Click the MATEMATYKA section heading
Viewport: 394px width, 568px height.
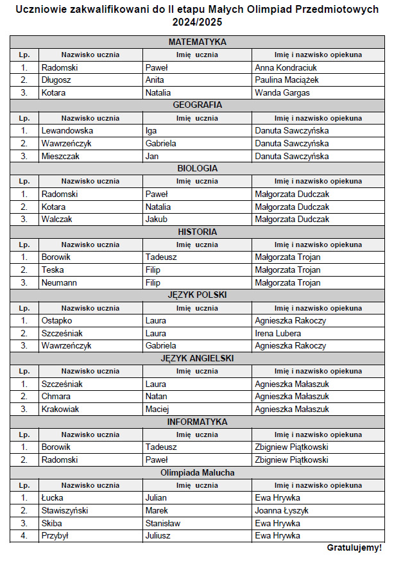(x=197, y=42)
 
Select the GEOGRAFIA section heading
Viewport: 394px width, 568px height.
(x=197, y=105)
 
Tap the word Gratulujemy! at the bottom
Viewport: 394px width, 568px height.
(x=354, y=548)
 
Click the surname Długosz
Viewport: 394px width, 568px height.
(x=56, y=80)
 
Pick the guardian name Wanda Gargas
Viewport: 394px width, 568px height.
(x=282, y=92)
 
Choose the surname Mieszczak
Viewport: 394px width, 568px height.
(x=62, y=156)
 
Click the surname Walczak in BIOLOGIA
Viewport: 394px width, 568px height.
(x=56, y=219)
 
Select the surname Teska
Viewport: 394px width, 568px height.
(x=53, y=270)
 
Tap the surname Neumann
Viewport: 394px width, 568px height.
(x=59, y=282)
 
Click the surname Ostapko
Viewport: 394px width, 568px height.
(x=56, y=320)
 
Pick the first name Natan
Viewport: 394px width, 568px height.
(x=156, y=397)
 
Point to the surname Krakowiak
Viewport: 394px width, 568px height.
(x=60, y=409)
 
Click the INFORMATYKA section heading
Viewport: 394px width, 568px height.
(x=197, y=422)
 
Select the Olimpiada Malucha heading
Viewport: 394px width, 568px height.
(x=197, y=473)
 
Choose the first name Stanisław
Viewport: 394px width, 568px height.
(x=163, y=523)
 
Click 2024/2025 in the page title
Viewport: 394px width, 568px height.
(x=197, y=22)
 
